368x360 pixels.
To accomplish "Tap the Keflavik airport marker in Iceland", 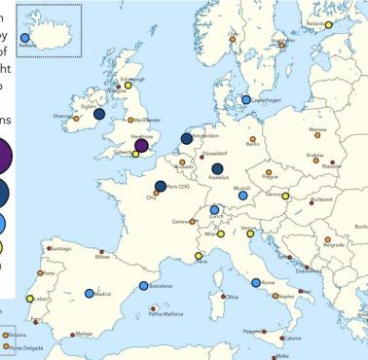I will coord(25,38).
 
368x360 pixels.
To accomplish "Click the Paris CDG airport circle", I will coord(161,186).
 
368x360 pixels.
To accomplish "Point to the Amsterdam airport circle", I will coord(186,139).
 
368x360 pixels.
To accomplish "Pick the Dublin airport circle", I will coord(99,114).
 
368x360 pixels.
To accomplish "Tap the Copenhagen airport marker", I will coord(245,99).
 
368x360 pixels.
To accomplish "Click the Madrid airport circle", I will coord(90,293).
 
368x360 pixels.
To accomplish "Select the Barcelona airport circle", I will coord(143,286).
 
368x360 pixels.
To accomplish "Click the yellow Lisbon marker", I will coord(30,299).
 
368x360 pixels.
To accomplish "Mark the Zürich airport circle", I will coord(214,209).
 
